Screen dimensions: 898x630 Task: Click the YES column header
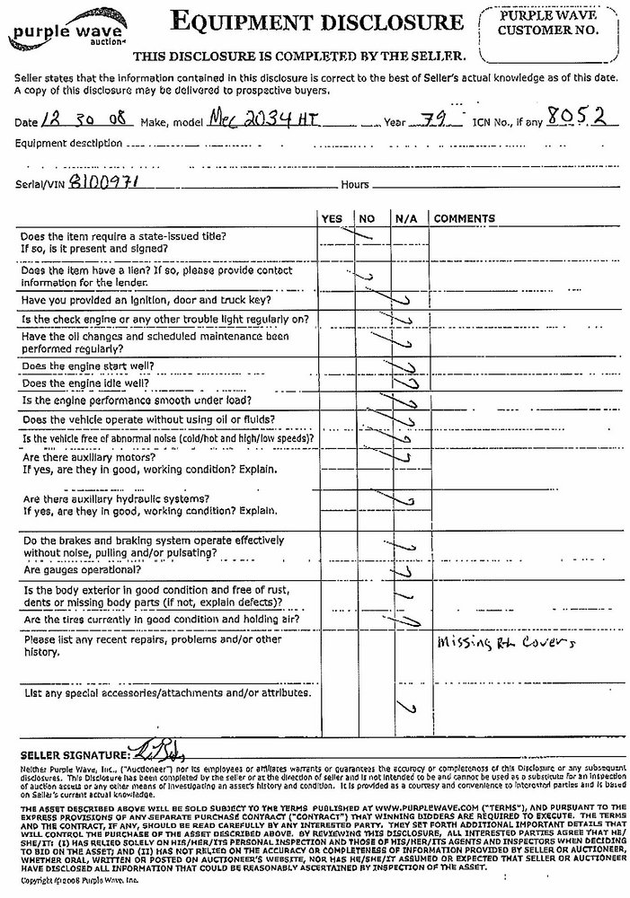click(332, 218)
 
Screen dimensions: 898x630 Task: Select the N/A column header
click(401, 218)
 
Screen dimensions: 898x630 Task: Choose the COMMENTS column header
click(465, 218)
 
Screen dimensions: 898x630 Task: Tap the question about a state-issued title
click(124, 242)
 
